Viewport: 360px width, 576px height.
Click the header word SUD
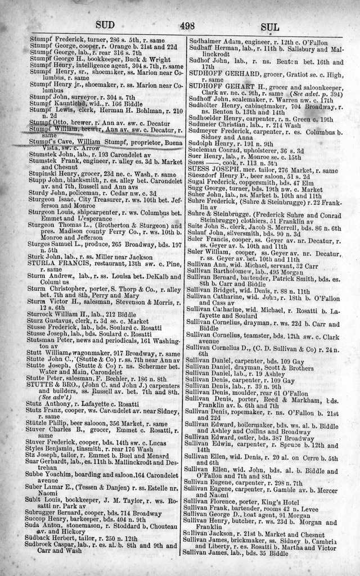pos(106,25)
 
